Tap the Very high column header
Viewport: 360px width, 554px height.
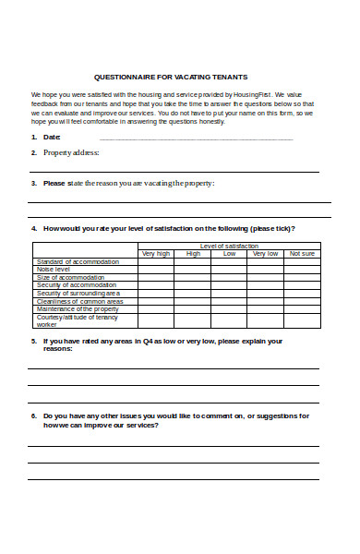point(155,253)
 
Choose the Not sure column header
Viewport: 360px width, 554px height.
point(301,253)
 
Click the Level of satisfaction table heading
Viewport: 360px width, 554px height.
point(228,246)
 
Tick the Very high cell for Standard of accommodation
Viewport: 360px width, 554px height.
point(155,261)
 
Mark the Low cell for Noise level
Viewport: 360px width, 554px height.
point(228,270)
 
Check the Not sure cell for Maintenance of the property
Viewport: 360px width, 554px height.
point(301,308)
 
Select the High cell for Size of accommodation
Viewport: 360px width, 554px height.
point(192,277)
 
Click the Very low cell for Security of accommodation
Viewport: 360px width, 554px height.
point(265,285)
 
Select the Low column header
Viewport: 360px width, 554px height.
point(228,253)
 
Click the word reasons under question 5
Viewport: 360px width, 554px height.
point(58,349)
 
